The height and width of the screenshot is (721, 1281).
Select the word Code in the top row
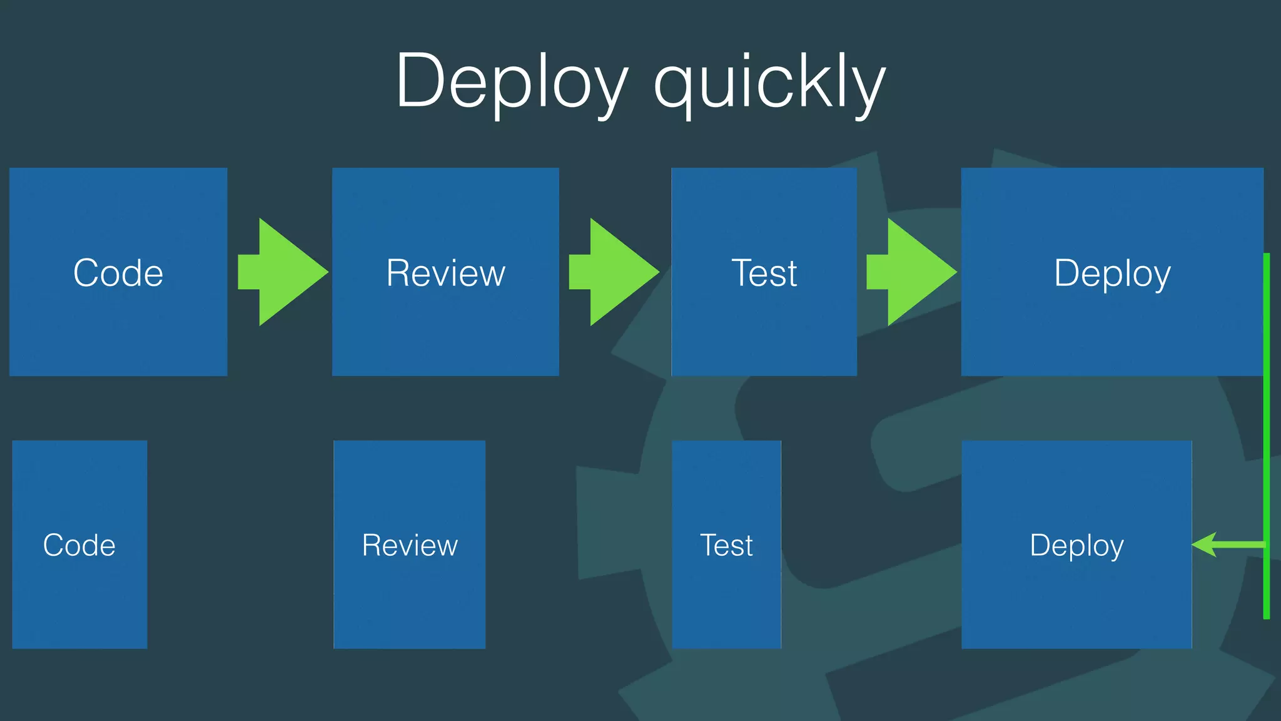click(118, 273)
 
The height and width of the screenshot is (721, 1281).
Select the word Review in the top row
click(445, 273)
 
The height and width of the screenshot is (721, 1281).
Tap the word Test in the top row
click(764, 273)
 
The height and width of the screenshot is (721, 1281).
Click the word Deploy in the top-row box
click(1112, 273)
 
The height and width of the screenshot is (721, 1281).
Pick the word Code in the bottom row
click(79, 545)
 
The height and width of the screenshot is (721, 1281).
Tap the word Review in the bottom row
click(410, 545)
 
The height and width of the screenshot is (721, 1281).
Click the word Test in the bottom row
click(726, 545)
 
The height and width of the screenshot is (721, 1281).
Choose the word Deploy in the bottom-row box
click(1076, 545)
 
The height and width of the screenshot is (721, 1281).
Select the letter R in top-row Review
click(398, 273)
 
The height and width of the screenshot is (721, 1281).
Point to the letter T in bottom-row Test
click(709, 545)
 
